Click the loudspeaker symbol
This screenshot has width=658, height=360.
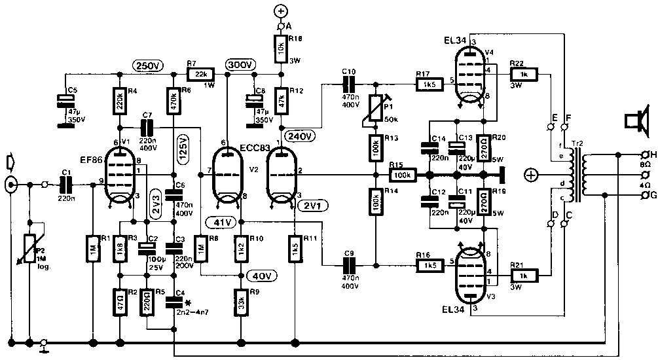[x=632, y=122]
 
